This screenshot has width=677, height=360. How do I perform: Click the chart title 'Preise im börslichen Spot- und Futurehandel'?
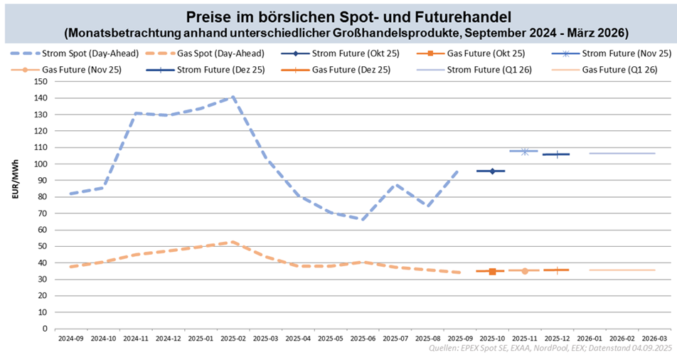point(338,16)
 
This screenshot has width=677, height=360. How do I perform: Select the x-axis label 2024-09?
point(71,339)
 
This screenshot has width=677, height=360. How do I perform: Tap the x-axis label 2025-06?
point(362,339)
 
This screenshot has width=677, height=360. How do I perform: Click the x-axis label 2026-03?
point(654,339)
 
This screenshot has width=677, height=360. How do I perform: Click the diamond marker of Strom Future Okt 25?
point(491,171)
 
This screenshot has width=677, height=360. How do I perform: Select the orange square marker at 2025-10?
point(491,271)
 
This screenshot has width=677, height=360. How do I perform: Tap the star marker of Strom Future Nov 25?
point(524,151)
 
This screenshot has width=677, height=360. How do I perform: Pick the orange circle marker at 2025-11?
point(524,270)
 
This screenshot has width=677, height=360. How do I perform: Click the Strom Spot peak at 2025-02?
point(233,96)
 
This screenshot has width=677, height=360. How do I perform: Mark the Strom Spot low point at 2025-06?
point(362,219)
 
